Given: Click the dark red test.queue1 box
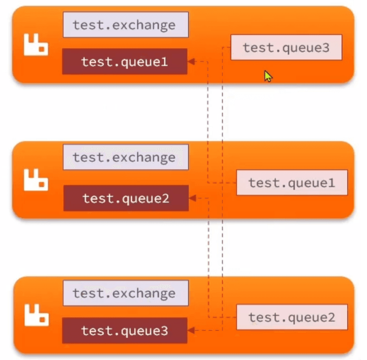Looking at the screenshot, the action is (x=125, y=61).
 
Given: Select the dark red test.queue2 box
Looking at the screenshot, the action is (x=126, y=198).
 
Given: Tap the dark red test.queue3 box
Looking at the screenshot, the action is (x=125, y=330).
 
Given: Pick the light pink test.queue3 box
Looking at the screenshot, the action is (x=286, y=47).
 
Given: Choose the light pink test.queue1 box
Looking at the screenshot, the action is (x=292, y=183).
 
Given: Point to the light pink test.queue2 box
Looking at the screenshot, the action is (x=292, y=317).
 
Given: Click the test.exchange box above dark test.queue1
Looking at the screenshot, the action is (x=126, y=25).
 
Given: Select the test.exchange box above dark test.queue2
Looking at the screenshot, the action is (x=126, y=157).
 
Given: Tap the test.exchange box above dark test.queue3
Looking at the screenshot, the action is (x=126, y=293).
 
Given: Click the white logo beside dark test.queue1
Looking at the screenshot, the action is (x=36, y=44).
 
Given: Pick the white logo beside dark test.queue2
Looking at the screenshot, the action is (x=36, y=180).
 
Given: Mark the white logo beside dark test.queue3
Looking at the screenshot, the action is (x=37, y=315).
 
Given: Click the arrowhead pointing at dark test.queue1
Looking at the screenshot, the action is (x=191, y=62).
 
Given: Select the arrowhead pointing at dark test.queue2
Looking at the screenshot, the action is (x=193, y=198).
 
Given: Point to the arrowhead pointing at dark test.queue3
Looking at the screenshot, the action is (x=191, y=330).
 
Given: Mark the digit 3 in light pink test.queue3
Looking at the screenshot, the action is (x=326, y=48).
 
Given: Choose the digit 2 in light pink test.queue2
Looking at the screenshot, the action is (x=331, y=318).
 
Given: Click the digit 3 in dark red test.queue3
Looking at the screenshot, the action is (x=164, y=331).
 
